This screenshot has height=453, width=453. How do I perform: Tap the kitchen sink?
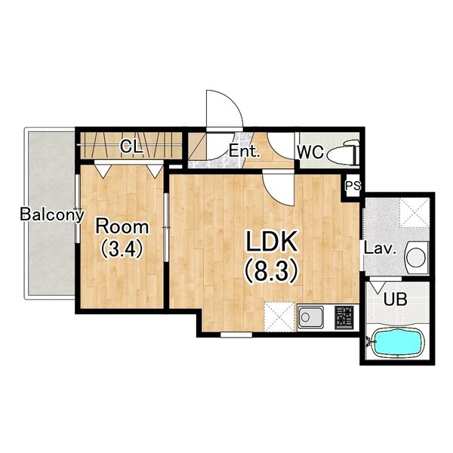[x=310, y=317]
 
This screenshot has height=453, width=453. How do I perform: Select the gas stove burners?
[x=344, y=317]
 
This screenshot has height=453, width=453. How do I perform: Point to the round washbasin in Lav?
[x=416, y=256]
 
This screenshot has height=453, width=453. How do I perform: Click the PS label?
[x=353, y=186]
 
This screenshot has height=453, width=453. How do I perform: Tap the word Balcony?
[x=52, y=214]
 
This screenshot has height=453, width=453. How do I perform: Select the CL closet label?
[x=131, y=146]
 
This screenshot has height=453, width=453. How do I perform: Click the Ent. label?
[x=244, y=151]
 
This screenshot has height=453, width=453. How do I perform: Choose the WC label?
[x=311, y=152]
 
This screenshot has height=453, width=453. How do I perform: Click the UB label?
[x=395, y=299]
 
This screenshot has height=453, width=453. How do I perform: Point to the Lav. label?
[x=380, y=248]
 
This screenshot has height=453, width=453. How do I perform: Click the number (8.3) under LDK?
[x=271, y=270]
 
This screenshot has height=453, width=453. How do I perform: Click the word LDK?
[x=271, y=242]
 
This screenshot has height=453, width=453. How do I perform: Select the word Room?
[x=122, y=226]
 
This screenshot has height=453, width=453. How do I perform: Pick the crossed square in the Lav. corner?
[x=414, y=213]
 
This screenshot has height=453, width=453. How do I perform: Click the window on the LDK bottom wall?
[x=236, y=334]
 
